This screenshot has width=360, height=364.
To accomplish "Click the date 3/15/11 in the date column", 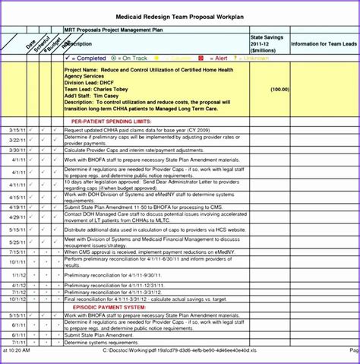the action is (15, 131).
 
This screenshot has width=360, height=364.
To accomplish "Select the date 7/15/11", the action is (15, 252).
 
